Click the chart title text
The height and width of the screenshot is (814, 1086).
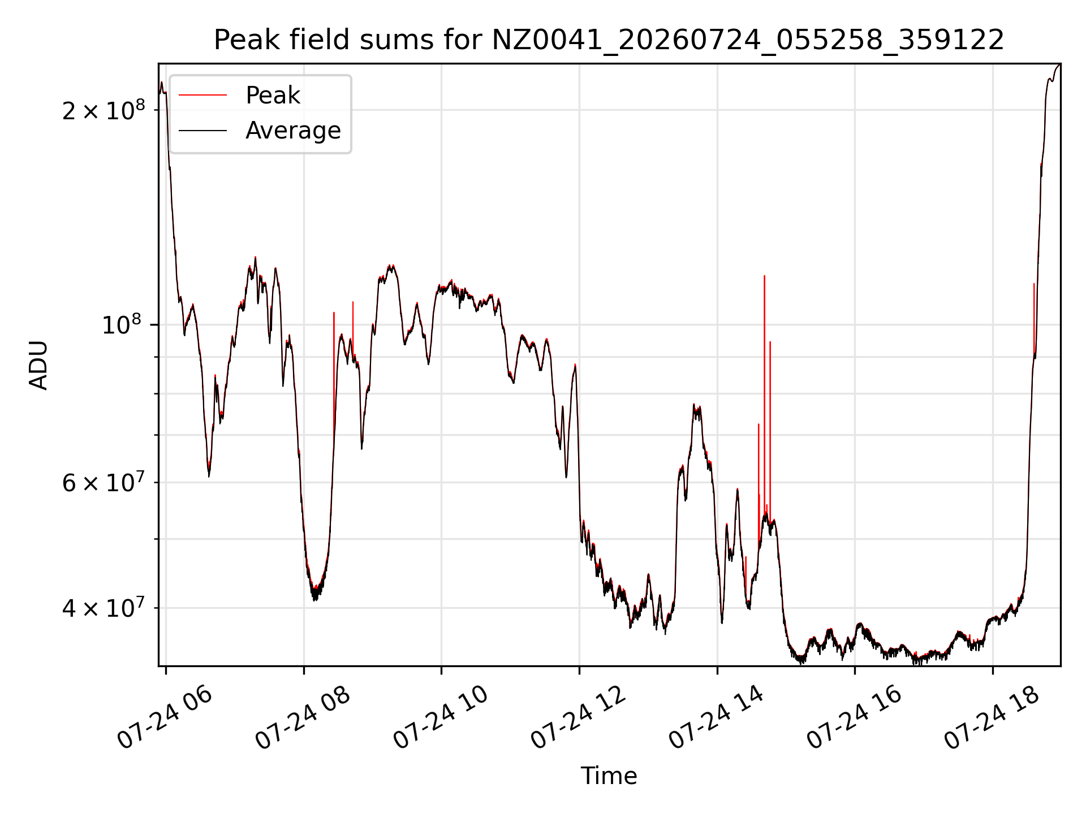click(x=609, y=40)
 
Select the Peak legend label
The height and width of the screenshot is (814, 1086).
click(x=273, y=96)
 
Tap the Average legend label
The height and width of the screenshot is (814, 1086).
click(x=293, y=131)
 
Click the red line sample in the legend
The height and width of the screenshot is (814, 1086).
click(x=202, y=96)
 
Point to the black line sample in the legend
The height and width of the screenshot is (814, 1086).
click(x=202, y=131)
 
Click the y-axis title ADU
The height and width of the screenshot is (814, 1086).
click(x=38, y=365)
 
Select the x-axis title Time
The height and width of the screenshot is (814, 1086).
click(x=609, y=776)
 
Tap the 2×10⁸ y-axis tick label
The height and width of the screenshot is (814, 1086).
click(x=104, y=110)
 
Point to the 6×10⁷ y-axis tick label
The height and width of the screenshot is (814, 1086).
click(x=104, y=482)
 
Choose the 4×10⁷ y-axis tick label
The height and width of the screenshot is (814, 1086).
click(x=104, y=608)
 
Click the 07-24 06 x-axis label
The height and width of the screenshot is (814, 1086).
click(x=165, y=718)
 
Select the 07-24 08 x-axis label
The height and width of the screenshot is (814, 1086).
click(x=303, y=718)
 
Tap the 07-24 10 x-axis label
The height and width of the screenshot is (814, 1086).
click(x=441, y=718)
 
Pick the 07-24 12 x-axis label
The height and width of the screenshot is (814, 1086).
click(x=579, y=718)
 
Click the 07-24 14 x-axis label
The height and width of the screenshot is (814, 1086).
click(x=717, y=718)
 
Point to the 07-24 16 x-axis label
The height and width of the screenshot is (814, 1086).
click(x=854, y=718)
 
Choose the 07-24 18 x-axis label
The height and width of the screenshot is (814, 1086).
click(x=992, y=718)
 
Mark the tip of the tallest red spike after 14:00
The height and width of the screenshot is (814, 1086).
click(x=764, y=276)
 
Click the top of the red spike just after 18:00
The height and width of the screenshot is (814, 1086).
click(x=1034, y=284)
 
